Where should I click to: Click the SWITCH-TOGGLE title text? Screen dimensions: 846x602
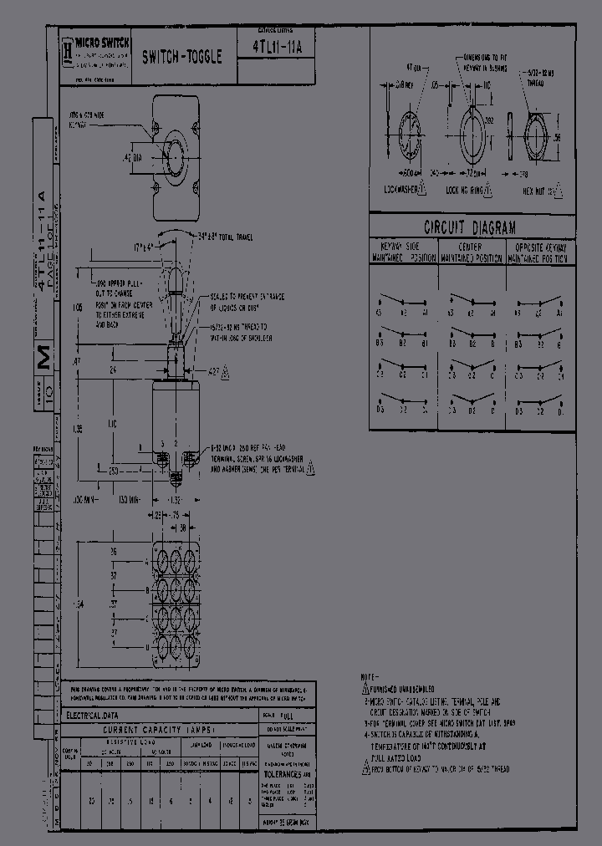(181, 58)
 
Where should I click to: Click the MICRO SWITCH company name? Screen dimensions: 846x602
(100, 41)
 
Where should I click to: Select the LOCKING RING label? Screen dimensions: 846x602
(465, 191)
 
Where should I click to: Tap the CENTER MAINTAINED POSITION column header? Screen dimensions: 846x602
(472, 252)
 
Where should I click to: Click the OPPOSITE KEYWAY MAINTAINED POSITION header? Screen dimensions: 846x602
(541, 252)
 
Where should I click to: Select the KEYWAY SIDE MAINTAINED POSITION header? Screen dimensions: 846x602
(403, 252)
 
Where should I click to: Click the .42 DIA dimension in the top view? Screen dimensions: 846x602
(132, 155)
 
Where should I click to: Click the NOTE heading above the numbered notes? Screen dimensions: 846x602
(369, 675)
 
